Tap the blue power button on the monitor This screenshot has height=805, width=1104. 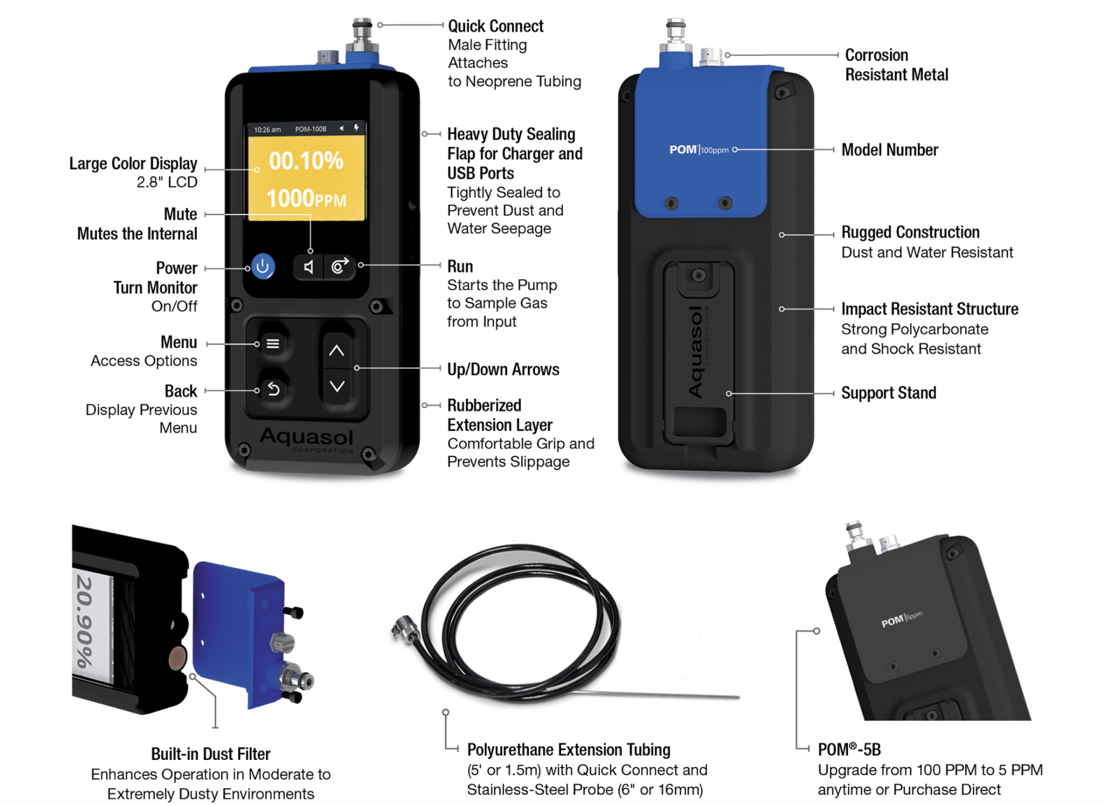[x=262, y=267]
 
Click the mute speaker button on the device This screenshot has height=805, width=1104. [x=308, y=267]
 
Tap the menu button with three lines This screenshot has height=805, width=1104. [x=273, y=344]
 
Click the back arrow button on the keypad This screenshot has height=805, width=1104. [x=273, y=389]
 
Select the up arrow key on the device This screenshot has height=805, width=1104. [x=336, y=351]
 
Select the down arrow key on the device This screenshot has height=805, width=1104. [x=337, y=387]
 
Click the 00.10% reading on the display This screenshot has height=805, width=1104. [x=306, y=161]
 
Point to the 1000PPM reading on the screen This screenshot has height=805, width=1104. [x=306, y=199]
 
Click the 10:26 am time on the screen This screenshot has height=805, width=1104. [x=267, y=129]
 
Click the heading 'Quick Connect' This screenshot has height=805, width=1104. [x=495, y=26]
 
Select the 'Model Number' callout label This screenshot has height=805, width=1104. [x=890, y=150]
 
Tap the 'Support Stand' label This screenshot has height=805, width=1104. [x=888, y=393]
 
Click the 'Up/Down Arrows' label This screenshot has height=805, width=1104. [x=503, y=369]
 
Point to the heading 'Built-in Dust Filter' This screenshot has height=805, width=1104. [x=211, y=754]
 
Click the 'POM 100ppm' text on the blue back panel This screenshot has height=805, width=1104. [x=698, y=150]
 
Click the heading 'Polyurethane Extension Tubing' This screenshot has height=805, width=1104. [x=568, y=750]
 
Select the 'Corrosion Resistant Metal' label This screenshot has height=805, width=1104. [x=896, y=65]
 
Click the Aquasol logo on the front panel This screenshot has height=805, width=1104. [x=307, y=438]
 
